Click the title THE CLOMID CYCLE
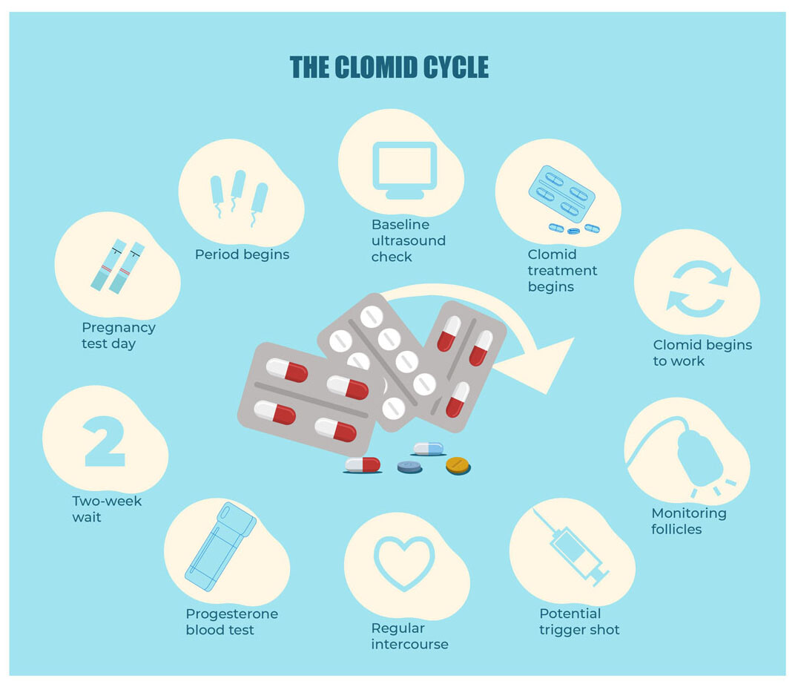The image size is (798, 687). (389, 68)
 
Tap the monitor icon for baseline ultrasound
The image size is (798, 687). (404, 170)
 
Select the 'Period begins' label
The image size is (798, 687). (242, 254)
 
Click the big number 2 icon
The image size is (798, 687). (103, 441)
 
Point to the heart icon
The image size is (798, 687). (404, 562)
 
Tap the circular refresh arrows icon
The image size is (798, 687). (698, 289)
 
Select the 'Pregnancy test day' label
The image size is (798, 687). (119, 335)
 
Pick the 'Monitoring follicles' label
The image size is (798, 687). (688, 521)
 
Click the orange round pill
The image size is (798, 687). (458, 465)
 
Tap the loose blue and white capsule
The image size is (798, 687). (429, 447)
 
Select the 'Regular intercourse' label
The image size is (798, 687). (409, 637)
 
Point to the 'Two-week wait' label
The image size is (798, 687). (107, 509)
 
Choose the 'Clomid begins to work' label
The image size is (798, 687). (702, 353)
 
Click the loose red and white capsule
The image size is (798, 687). (362, 464)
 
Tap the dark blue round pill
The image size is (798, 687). (409, 467)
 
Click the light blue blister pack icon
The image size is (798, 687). (561, 194)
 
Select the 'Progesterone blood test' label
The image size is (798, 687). (232, 622)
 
